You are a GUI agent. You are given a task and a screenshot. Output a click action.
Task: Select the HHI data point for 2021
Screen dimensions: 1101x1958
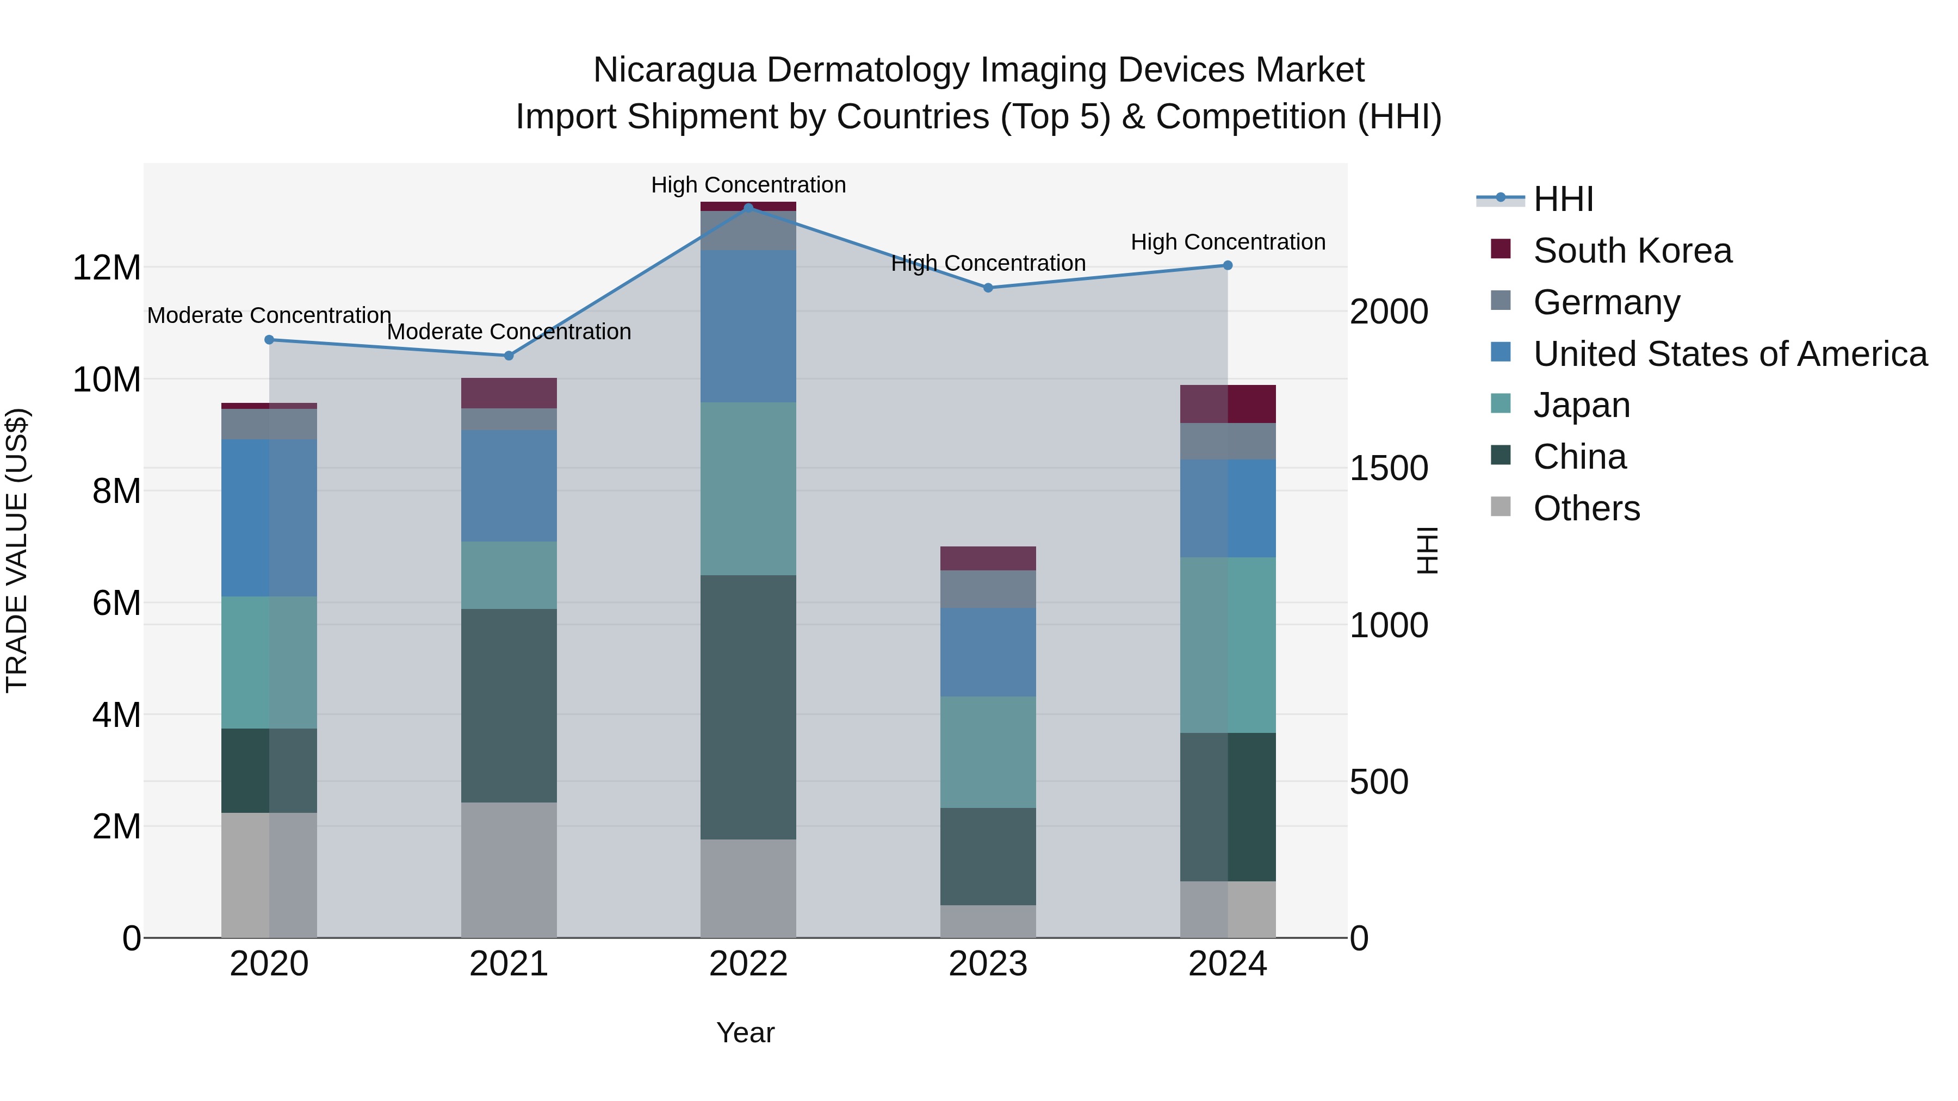pyautogui.click(x=509, y=356)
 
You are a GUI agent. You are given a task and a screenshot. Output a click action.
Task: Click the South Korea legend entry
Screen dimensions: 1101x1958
pyautogui.click(x=1631, y=251)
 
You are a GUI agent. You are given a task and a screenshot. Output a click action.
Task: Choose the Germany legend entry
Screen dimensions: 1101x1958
pyautogui.click(x=1606, y=302)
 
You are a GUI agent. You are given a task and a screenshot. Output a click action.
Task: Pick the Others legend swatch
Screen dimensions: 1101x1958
pyautogui.click(x=1501, y=507)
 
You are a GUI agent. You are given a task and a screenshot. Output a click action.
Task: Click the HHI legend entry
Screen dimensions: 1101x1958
pyautogui.click(x=1562, y=199)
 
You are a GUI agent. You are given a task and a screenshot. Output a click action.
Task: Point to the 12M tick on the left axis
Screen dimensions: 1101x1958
pyautogui.click(x=107, y=268)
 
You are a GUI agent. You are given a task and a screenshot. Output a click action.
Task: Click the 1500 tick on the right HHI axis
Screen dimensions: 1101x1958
pyautogui.click(x=1388, y=468)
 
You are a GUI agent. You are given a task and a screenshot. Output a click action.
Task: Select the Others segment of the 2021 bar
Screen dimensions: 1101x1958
pyautogui.click(x=509, y=869)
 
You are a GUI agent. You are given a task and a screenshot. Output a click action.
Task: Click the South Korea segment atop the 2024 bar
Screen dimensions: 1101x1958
pyautogui.click(x=1227, y=403)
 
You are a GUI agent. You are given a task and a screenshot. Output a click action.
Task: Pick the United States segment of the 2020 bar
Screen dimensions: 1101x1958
pyautogui.click(x=269, y=518)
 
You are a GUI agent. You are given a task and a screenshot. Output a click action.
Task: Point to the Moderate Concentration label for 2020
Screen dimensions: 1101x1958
pyautogui.click(x=269, y=315)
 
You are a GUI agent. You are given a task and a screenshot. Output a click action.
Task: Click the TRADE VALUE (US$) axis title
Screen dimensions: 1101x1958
pyautogui.click(x=17, y=550)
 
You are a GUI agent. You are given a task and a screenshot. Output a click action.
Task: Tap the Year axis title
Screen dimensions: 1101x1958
pyautogui.click(x=745, y=1032)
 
